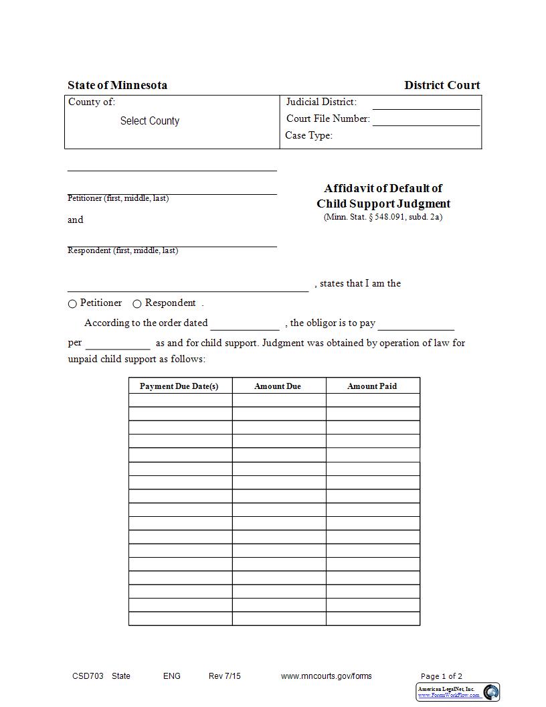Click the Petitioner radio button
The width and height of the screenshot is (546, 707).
tap(72, 304)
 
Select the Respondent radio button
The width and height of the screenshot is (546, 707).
tap(137, 304)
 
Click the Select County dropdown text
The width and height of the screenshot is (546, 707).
tap(150, 121)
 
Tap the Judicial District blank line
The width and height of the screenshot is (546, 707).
tap(426, 104)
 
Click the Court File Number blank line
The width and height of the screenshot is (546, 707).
tap(426, 121)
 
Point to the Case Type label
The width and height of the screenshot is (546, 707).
tap(308, 135)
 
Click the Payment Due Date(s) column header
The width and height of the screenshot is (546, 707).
tap(179, 386)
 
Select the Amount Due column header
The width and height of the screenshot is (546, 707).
tap(278, 386)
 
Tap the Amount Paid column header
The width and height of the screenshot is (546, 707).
tap(372, 386)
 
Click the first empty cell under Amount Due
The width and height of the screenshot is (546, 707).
tap(278, 400)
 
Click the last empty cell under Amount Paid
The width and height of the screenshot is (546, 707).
tap(373, 619)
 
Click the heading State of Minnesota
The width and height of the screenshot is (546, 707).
tap(117, 85)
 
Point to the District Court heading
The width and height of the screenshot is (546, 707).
tap(442, 85)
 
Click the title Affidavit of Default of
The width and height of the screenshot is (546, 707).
tap(383, 188)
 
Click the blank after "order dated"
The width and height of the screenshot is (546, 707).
tap(245, 324)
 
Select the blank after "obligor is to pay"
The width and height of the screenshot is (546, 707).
tap(416, 324)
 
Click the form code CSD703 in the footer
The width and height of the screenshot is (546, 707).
tap(88, 676)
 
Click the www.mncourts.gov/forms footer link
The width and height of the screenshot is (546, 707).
tap(326, 676)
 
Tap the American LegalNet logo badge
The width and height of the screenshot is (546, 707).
tap(458, 692)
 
